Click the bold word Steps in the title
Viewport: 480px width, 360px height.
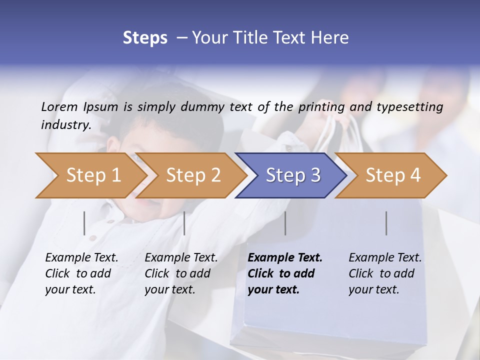(145, 38)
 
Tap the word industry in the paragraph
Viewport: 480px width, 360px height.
(66, 124)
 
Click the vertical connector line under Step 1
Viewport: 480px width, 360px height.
(84, 223)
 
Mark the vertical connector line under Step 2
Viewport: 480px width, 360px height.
(184, 223)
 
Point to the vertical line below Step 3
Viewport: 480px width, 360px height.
(285, 223)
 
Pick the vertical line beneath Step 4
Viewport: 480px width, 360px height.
(386, 223)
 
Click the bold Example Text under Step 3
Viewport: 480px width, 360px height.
(285, 258)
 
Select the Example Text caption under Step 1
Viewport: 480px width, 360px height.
(81, 258)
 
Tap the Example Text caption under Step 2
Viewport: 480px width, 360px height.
(181, 258)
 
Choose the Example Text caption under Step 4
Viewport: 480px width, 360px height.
(385, 258)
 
